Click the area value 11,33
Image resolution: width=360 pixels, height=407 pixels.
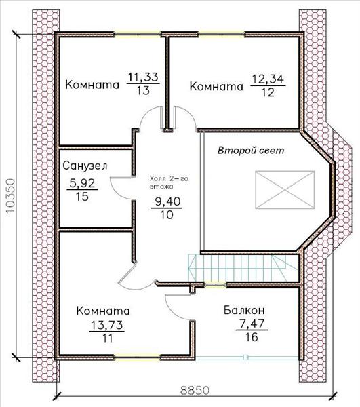pos(143,77)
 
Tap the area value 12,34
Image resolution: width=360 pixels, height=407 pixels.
pos(268,79)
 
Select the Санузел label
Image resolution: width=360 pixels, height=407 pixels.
pos(85,166)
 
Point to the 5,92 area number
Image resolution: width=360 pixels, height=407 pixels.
pos(82,184)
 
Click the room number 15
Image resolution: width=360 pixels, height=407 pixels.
pos(82,197)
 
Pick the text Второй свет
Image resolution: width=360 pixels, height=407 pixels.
pos(251,151)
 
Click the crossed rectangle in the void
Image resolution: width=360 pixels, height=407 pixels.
pos(285,189)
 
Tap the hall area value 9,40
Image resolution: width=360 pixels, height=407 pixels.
pos(167,201)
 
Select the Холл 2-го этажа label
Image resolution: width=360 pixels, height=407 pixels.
pos(169,182)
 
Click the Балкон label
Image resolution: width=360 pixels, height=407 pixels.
pos(244,310)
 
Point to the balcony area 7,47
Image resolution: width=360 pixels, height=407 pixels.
pos(252,324)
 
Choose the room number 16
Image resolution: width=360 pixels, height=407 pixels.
pos(252,337)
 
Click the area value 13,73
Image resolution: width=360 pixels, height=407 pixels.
pos(107,325)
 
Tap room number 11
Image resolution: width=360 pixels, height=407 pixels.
pos(107,338)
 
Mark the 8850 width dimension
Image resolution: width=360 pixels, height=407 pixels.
pos(195,390)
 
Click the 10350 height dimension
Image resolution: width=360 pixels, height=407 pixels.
pos(10,195)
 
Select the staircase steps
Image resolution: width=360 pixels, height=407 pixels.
pos(237,268)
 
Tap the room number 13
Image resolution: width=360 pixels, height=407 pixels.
pos(143,91)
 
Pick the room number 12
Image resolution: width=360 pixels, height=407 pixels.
pos(268,92)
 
